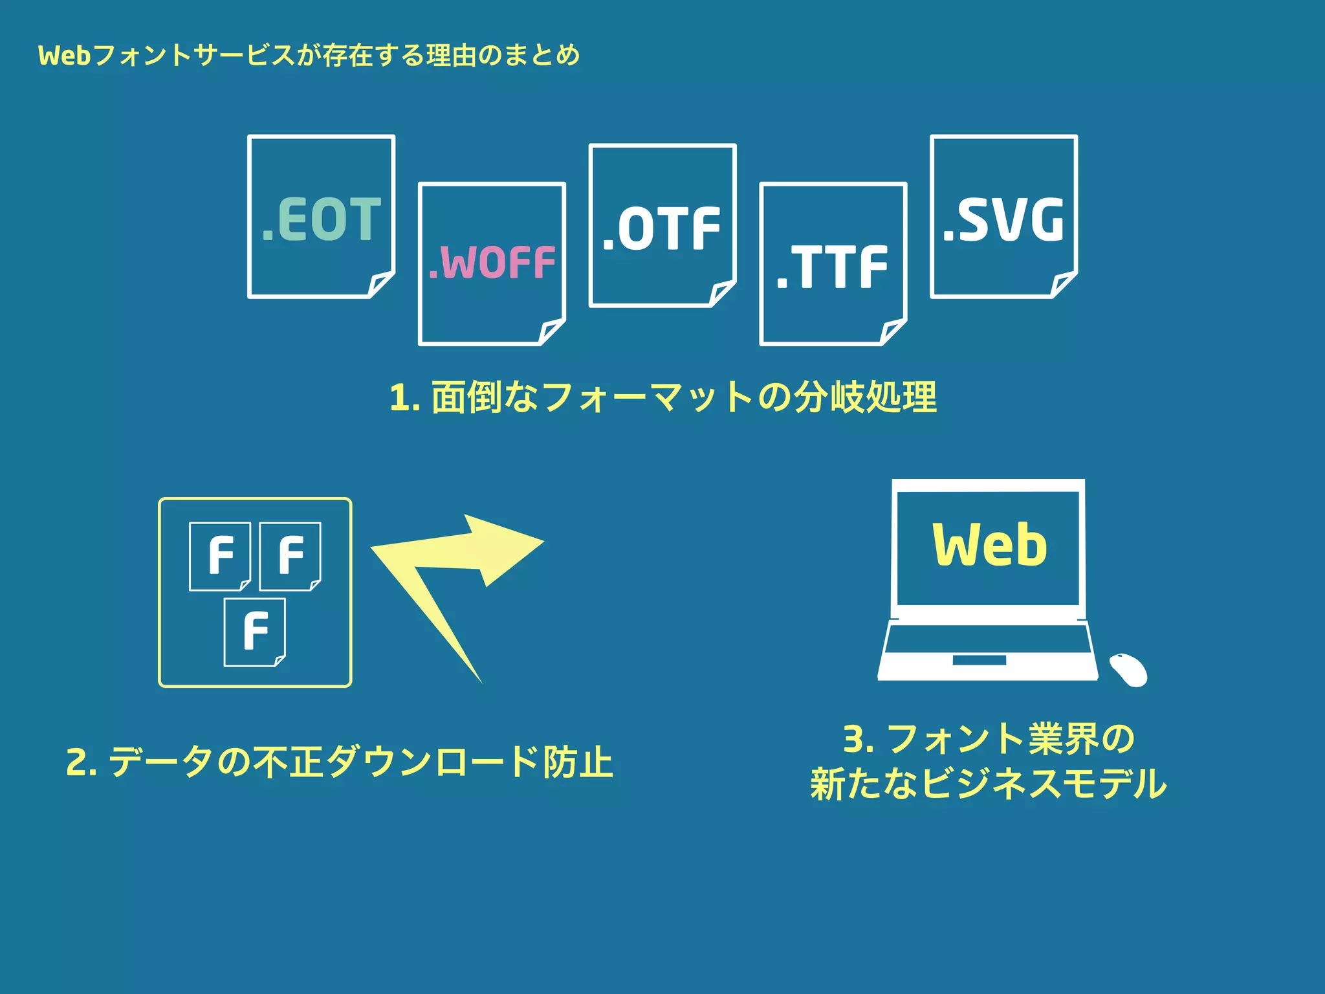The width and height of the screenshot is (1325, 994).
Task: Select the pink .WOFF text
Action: click(x=492, y=263)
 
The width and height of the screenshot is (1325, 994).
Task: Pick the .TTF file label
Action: click(x=833, y=267)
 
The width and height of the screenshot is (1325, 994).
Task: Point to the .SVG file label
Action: click(x=1003, y=220)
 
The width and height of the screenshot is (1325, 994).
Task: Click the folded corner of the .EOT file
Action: click(x=380, y=284)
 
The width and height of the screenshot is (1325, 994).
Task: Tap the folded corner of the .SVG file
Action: click(x=1063, y=284)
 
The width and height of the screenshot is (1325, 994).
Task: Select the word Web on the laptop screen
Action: click(x=989, y=545)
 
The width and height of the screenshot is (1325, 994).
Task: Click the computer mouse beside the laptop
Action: click(x=1128, y=670)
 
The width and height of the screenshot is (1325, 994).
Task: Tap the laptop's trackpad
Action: click(x=979, y=660)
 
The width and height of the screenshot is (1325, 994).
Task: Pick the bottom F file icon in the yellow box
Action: click(x=255, y=632)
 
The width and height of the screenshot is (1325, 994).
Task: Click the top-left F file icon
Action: click(x=220, y=556)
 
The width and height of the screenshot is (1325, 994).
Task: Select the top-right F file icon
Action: click(x=290, y=556)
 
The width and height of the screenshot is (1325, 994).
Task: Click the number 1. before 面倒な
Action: click(x=405, y=397)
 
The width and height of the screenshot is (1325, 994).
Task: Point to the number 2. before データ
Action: click(x=82, y=762)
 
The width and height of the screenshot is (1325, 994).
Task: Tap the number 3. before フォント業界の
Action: click(x=859, y=739)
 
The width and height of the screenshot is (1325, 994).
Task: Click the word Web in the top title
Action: click(x=64, y=56)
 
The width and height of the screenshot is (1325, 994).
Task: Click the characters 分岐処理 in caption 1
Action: click(x=865, y=397)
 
